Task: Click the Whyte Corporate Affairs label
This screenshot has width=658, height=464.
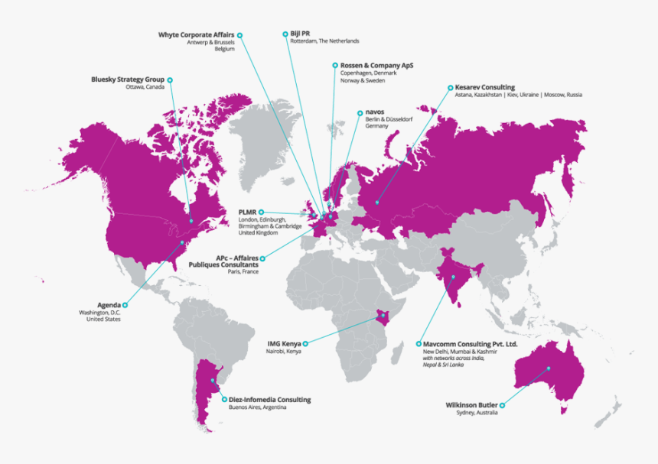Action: tap(196, 35)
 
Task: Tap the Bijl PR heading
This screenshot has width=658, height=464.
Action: tap(300, 34)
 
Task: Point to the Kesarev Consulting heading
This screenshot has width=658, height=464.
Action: tap(484, 88)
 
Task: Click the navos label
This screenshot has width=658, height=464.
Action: tap(375, 112)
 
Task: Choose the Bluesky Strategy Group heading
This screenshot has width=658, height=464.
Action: tap(127, 79)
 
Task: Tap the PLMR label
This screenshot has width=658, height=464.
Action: tap(246, 212)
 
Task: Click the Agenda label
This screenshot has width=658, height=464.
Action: tap(109, 305)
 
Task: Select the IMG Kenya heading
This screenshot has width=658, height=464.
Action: tap(284, 344)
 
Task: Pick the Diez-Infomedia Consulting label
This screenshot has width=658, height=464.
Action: tap(269, 400)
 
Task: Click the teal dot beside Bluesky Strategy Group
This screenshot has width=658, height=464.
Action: tap(170, 79)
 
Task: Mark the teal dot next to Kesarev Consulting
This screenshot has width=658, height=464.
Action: tap(448, 87)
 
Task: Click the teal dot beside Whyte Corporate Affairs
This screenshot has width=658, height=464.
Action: tap(239, 35)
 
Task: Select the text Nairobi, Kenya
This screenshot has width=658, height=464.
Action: tap(284, 352)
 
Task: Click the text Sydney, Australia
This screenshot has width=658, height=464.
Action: tap(477, 413)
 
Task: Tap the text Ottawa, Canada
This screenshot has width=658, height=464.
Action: tap(145, 88)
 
